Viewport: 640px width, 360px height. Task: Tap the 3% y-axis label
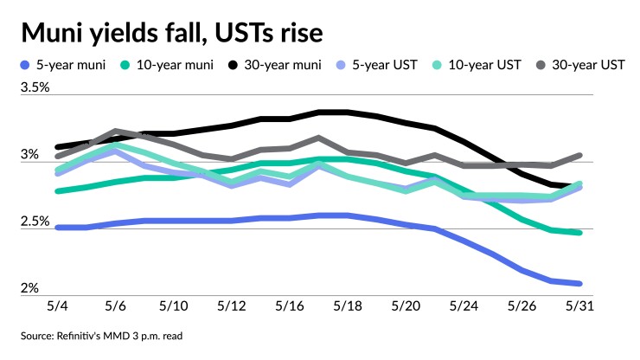[x=29, y=155]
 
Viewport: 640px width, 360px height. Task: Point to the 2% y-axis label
[x=29, y=288]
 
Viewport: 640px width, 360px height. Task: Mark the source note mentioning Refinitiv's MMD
[x=103, y=337]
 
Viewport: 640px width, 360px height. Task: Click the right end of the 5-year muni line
[x=580, y=283]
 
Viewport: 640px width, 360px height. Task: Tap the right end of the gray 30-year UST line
[x=580, y=156]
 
